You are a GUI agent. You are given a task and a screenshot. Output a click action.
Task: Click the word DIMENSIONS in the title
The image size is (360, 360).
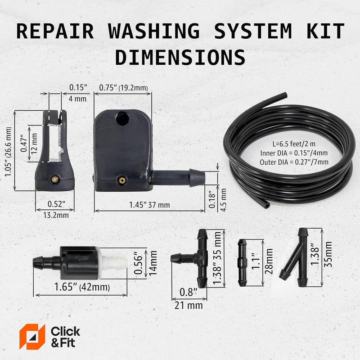(x=180, y=57)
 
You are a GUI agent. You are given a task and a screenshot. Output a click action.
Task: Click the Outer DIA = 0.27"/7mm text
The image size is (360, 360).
(x=294, y=162)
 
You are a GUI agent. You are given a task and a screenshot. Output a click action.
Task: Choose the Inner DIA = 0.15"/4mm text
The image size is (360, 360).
(x=294, y=153)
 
